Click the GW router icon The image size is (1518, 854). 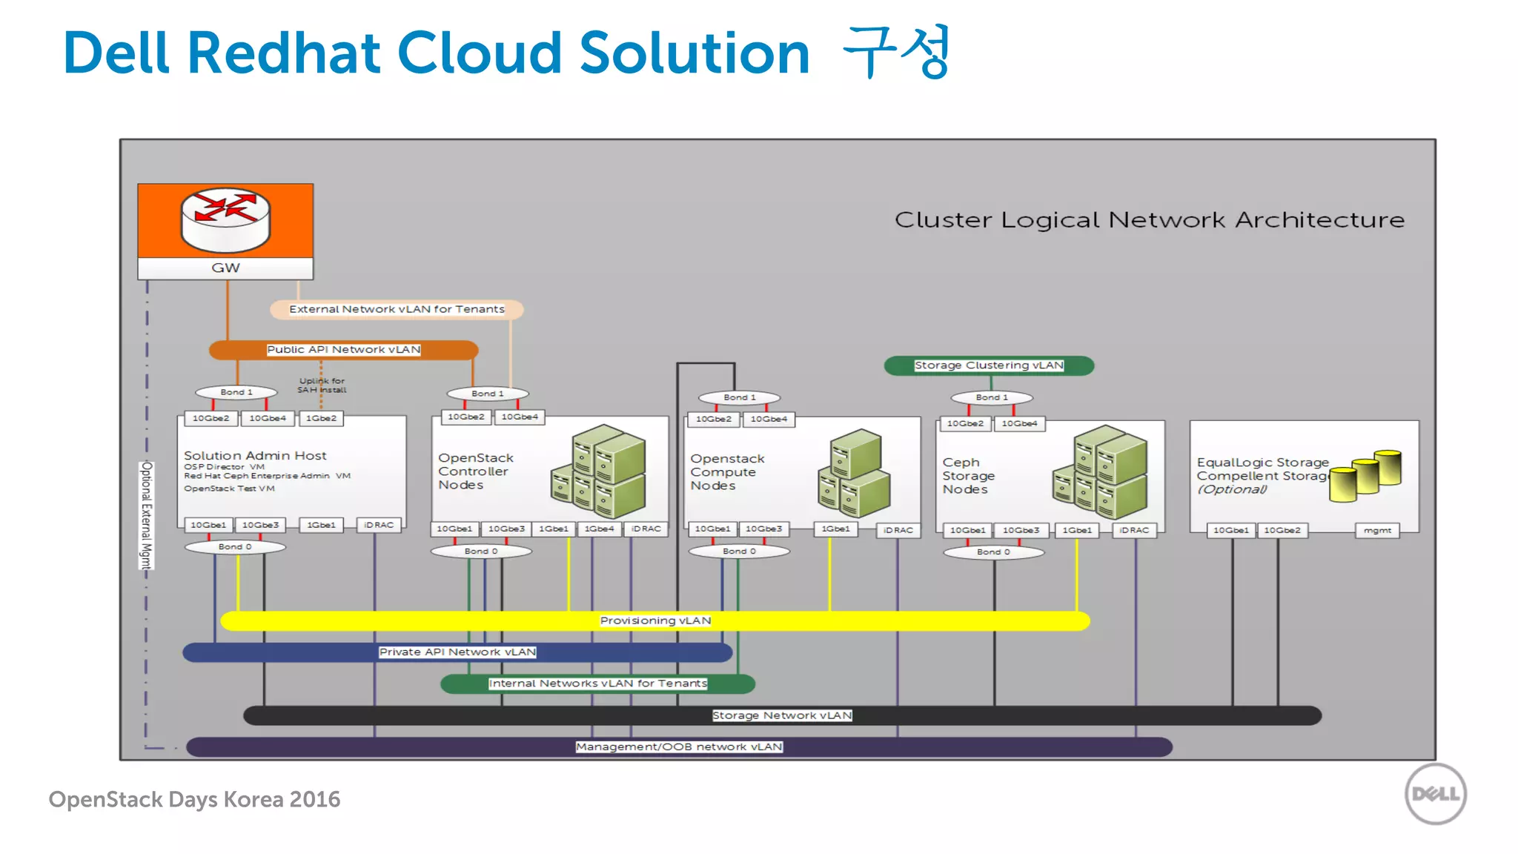[225, 220]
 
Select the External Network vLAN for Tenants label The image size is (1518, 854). [397, 309]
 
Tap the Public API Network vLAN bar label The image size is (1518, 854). [343, 349]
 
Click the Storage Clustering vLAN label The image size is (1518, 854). [989, 365]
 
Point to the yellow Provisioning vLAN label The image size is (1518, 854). [655, 620]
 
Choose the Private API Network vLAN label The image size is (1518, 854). [457, 652]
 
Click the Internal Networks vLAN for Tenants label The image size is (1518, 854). [597, 683]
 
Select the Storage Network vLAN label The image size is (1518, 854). [782, 715]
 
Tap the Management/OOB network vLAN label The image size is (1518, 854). [679, 747]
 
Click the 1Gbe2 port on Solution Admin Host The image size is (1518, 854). [321, 418]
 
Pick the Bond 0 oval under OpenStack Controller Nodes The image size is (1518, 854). [481, 551]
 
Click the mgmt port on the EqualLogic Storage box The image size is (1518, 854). [1377, 530]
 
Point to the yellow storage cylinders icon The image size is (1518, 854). [1365, 475]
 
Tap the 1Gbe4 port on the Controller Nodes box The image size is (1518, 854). [599, 529]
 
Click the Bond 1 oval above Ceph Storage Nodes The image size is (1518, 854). [992, 397]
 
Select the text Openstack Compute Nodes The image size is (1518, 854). [726, 472]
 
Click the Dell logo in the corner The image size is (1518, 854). [1435, 794]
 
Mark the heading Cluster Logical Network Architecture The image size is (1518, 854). [1149, 220]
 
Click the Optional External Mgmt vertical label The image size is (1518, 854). [147, 515]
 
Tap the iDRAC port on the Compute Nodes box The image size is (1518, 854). [898, 530]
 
